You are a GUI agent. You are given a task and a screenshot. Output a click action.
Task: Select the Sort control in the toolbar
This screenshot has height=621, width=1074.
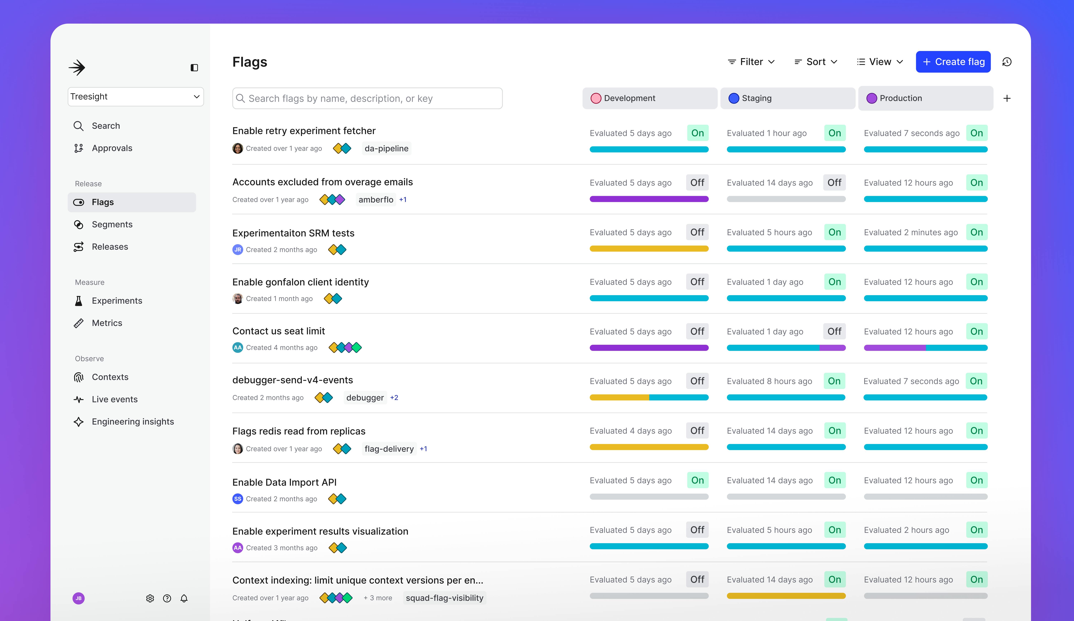pos(816,62)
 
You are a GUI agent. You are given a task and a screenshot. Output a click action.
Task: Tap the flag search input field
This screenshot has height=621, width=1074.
pos(367,98)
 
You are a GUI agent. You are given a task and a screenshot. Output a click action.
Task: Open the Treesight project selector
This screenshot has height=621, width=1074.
pos(136,97)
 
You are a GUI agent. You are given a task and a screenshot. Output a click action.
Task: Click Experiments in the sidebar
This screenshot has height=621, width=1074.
pos(117,301)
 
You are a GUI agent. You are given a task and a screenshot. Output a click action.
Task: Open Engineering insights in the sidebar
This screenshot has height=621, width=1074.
pos(132,422)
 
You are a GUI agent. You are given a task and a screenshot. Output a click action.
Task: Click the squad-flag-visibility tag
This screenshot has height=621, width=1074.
pos(444,598)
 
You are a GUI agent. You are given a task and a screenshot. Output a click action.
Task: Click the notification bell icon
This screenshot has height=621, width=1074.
pos(184,598)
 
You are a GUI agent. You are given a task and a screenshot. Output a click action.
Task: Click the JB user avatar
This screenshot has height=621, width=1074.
pos(78,598)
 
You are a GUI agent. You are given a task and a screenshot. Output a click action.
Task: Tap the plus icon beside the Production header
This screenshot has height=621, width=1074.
pos(1007,98)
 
